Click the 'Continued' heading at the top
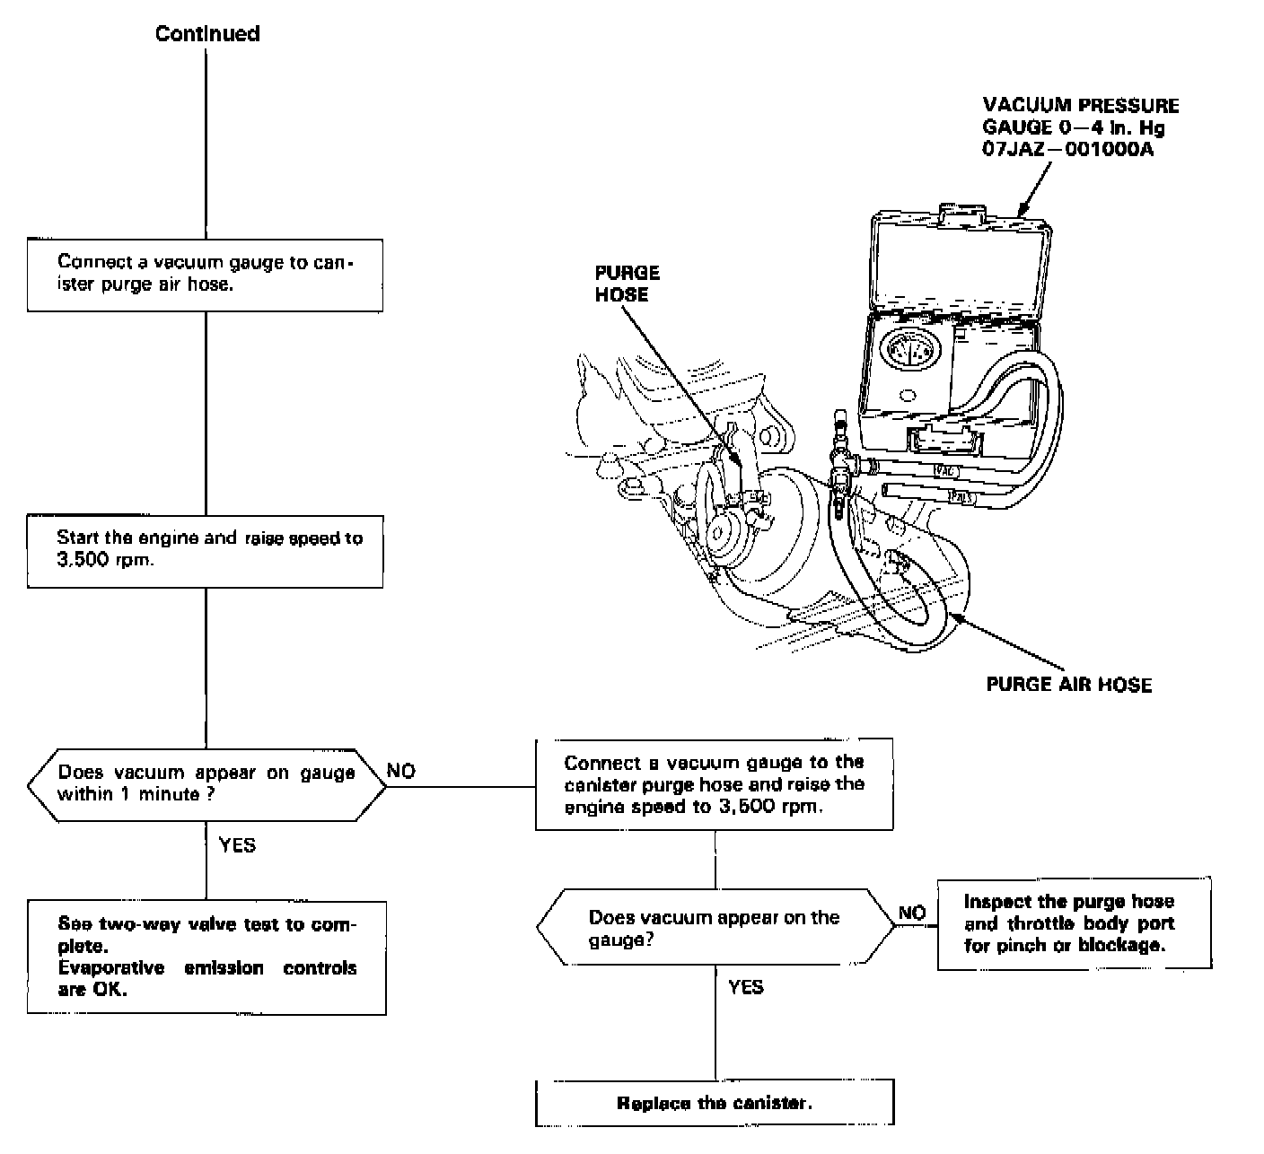point(207,34)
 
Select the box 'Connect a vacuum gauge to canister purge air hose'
point(206,274)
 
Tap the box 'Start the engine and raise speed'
point(206,550)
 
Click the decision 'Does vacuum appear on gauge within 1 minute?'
point(206,783)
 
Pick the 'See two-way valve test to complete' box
point(206,957)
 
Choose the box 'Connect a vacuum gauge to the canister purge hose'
point(714,784)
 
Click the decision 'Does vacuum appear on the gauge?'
point(715,928)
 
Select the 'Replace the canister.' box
point(715,1103)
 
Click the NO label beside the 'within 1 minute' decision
point(401,772)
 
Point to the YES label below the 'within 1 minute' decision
point(237,845)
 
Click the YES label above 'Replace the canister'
point(746,987)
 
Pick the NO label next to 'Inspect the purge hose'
point(912,913)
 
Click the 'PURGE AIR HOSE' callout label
point(1068,685)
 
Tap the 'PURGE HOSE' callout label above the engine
point(627,283)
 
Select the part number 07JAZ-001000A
point(1068,150)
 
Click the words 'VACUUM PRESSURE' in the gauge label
point(1080,106)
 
